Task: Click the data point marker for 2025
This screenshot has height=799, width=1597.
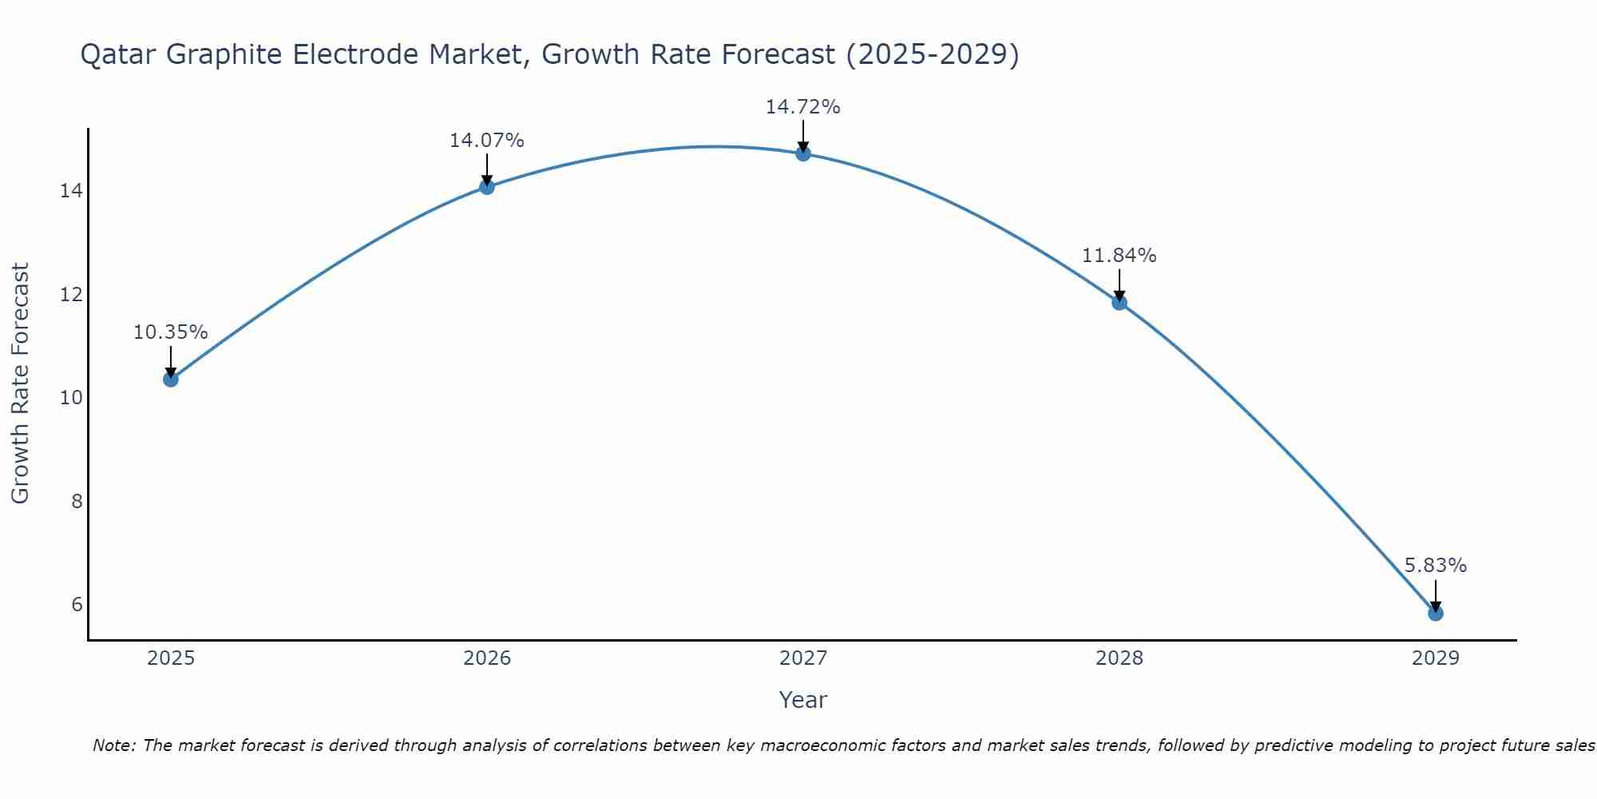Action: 170,379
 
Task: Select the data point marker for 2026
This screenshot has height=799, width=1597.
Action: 486,187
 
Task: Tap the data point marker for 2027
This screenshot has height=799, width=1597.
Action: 802,153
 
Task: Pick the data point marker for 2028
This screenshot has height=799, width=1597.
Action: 1119,302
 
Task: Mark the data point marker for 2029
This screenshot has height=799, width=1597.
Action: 1435,613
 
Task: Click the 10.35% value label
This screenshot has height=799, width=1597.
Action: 170,332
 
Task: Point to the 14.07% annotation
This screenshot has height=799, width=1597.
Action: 486,141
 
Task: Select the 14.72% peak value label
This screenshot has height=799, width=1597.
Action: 802,107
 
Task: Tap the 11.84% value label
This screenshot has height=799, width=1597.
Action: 1119,256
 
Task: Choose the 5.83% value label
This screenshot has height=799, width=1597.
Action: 1435,566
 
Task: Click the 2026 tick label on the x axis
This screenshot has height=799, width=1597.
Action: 487,658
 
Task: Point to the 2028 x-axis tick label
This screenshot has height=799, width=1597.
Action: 1119,658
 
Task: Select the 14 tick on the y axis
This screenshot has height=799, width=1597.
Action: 71,191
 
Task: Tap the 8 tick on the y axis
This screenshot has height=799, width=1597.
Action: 77,501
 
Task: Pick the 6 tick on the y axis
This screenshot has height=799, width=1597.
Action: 77,604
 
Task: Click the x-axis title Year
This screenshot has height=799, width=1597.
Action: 802,700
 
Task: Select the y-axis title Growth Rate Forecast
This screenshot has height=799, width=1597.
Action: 20,383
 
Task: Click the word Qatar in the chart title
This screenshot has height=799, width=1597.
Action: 119,55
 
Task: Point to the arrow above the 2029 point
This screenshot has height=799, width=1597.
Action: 1435,595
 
